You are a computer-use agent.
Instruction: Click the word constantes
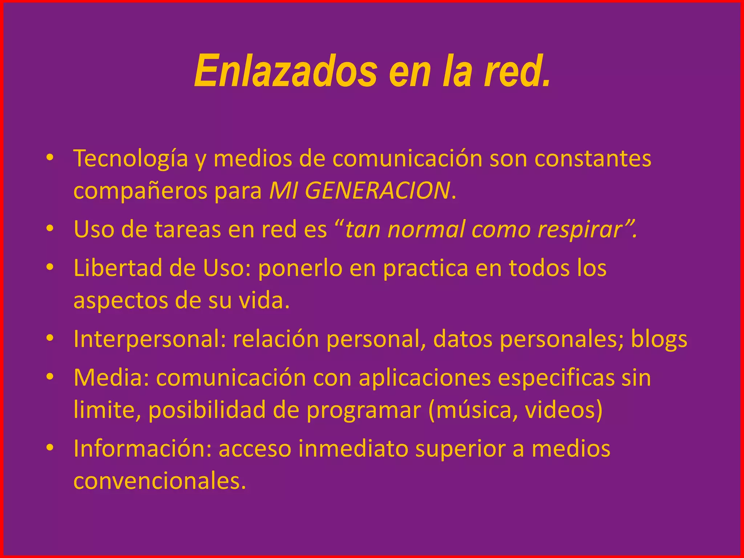click(593, 158)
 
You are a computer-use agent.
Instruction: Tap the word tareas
click(187, 230)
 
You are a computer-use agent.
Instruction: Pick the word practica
click(425, 269)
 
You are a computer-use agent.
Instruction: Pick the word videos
click(559, 410)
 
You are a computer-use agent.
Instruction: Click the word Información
click(142, 449)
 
